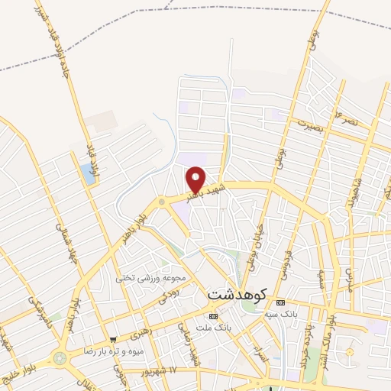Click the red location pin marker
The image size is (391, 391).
point(196,179)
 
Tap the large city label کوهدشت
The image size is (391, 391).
point(238,293)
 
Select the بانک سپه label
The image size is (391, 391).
point(280,313)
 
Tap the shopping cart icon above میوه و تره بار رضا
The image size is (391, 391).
point(114,340)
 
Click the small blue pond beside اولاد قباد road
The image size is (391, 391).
point(82,174)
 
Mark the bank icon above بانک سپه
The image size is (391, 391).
point(280,302)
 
